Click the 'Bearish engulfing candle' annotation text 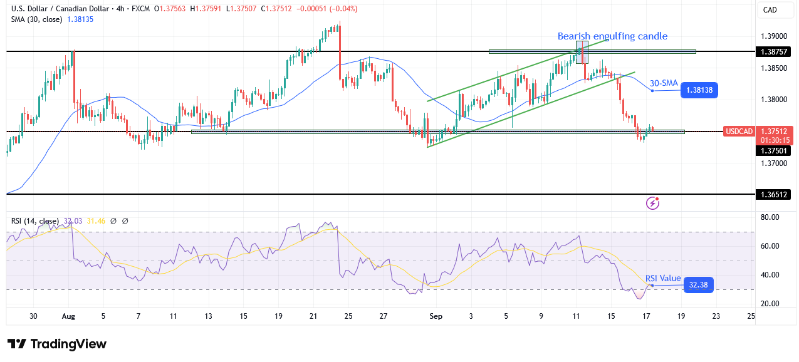[612, 36]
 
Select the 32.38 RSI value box [699, 285]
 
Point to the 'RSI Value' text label [663, 278]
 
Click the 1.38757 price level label [774, 51]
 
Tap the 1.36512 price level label [774, 195]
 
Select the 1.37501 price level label [774, 150]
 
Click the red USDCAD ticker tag [739, 132]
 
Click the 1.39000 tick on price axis [774, 36]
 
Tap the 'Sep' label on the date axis [436, 317]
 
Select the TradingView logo [57, 344]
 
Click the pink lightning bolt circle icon [653, 203]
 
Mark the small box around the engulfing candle [582, 53]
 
